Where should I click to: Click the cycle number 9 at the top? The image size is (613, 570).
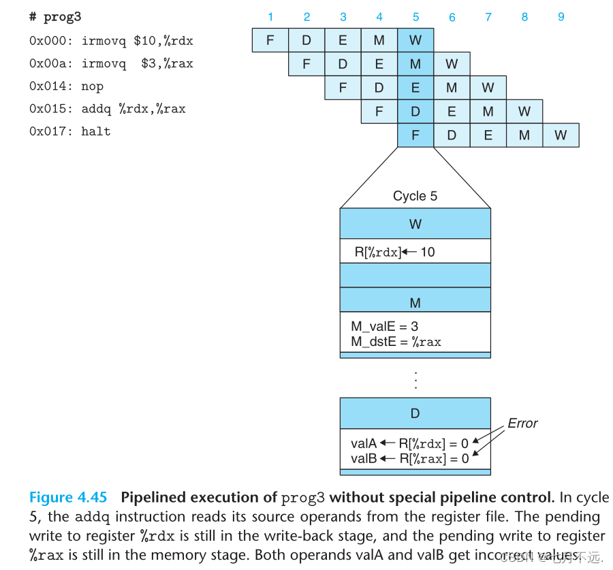[x=561, y=17]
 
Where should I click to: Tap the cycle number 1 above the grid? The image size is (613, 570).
[x=270, y=17]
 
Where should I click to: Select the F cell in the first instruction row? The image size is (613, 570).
[x=270, y=40]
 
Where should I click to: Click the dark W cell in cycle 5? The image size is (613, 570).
[x=415, y=40]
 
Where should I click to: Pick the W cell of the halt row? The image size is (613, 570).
[x=561, y=135]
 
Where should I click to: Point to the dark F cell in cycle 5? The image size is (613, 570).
[x=415, y=135]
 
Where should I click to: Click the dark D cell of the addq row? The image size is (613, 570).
[x=415, y=112]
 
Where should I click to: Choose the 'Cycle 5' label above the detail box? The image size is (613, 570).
[x=415, y=196]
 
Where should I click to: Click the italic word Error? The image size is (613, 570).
[x=522, y=423]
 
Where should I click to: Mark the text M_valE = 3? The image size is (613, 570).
[x=385, y=327]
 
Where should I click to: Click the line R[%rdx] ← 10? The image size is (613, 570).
[x=394, y=252]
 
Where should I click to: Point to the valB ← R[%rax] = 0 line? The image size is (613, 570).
[x=409, y=458]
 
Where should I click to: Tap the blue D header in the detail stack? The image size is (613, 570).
[x=415, y=413]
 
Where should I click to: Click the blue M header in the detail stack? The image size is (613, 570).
[x=415, y=303]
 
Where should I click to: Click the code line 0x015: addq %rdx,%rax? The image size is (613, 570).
[x=107, y=109]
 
